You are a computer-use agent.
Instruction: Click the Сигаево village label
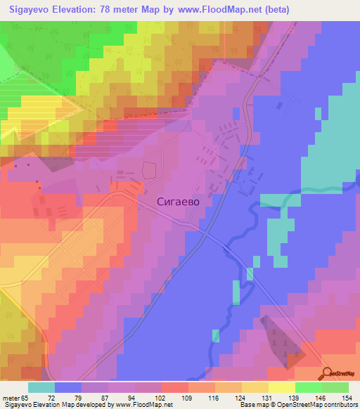(178, 202)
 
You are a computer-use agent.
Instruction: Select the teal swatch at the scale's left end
(41, 387)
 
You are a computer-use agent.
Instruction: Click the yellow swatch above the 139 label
(281, 387)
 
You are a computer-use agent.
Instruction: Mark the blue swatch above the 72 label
(68, 387)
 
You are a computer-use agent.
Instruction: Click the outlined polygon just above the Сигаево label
(150, 170)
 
